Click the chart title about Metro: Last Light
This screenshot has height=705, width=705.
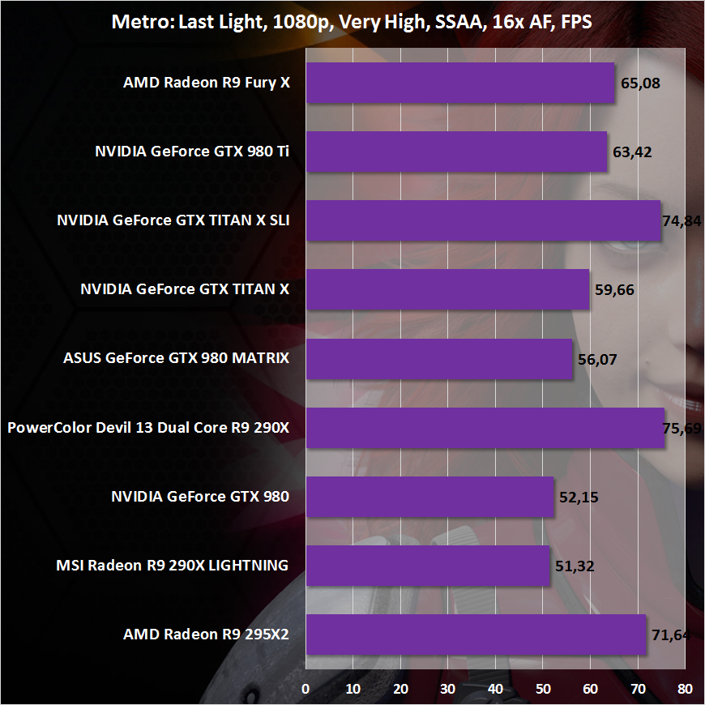352,22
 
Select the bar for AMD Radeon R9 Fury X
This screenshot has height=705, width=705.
459,83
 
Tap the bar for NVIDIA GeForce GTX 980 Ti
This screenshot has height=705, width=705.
456,152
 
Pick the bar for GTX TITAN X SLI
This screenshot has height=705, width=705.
483,220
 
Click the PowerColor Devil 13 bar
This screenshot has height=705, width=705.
485,427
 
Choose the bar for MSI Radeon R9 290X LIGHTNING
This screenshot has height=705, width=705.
427,565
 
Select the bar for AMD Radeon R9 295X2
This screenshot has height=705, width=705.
476,634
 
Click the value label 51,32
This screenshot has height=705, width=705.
574,566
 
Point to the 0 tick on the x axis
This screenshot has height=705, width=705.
305,689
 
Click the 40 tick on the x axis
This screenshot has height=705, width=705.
495,689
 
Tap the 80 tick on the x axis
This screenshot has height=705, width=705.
685,689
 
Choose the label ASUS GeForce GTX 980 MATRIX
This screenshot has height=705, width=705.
176,358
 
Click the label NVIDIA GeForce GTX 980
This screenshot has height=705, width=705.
199,496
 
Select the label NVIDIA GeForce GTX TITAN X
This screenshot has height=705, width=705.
185,289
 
